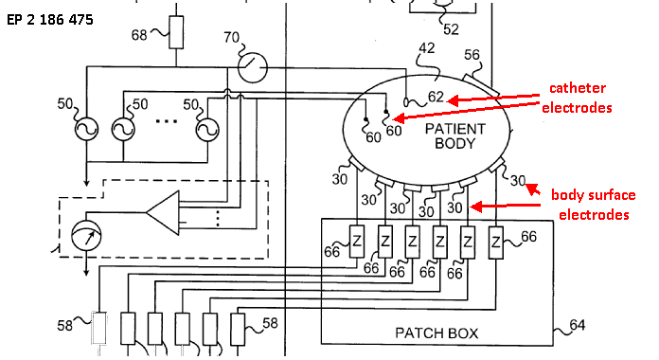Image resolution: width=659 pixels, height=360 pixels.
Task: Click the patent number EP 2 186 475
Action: pyautogui.click(x=50, y=20)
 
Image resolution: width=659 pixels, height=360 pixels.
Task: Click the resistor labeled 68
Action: pyautogui.click(x=176, y=32)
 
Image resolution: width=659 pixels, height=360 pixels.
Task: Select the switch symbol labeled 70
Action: pyautogui.click(x=252, y=67)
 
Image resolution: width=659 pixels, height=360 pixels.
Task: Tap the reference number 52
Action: pyautogui.click(x=451, y=29)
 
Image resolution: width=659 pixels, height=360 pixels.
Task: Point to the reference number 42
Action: pyautogui.click(x=427, y=48)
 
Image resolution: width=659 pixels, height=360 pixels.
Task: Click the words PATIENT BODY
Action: pyautogui.click(x=455, y=135)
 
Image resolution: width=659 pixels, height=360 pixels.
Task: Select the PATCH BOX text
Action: pyautogui.click(x=436, y=333)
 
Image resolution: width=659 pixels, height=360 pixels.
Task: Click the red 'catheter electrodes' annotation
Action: pyautogui.click(x=577, y=98)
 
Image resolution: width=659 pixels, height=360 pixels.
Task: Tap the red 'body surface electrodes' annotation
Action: pyautogui.click(x=594, y=205)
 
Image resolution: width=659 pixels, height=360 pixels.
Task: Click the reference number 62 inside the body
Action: pyautogui.click(x=436, y=97)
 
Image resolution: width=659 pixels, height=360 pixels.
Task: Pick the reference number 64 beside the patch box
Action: pyautogui.click(x=577, y=325)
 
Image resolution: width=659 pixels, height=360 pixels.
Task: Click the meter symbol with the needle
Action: pyautogui.click(x=86, y=236)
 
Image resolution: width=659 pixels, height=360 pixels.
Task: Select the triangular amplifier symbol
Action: pyautogui.click(x=163, y=212)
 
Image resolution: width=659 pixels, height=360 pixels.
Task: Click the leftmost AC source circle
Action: pyautogui.click(x=86, y=129)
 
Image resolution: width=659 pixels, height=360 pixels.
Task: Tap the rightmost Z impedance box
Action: pyautogui.click(x=496, y=243)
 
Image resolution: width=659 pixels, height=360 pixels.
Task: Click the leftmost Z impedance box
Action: pyautogui.click(x=357, y=242)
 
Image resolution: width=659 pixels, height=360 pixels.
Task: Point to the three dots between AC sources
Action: pyautogui.click(x=167, y=121)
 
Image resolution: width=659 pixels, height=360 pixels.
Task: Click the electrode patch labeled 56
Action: pyautogui.click(x=482, y=85)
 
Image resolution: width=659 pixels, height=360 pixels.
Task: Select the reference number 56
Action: pyautogui.click(x=472, y=55)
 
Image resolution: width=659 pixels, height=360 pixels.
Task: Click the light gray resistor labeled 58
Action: pyautogui.click(x=99, y=328)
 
